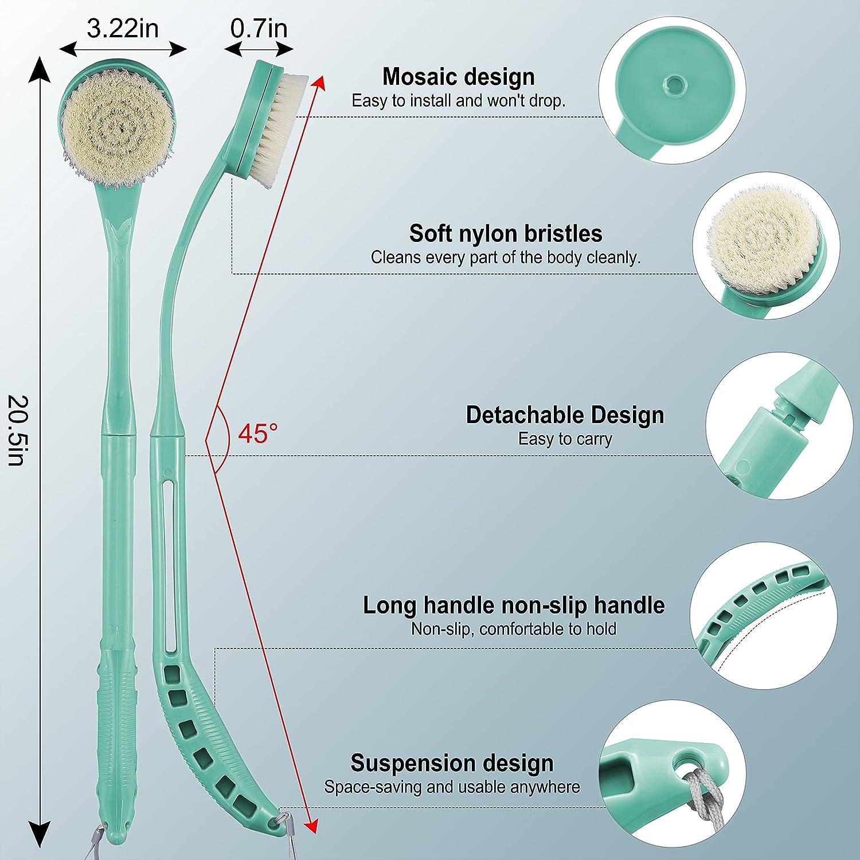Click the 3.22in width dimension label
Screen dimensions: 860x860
tap(123, 28)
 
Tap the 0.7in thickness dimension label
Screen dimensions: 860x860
tap(259, 28)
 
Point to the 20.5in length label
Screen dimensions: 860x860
tap(16, 430)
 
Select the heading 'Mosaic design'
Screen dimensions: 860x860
tap(459, 76)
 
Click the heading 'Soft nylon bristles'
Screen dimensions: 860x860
tap(506, 233)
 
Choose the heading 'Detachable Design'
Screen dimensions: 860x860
tap(565, 415)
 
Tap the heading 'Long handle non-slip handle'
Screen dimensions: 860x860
tap(514, 605)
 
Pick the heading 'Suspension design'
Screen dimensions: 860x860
tap(452, 763)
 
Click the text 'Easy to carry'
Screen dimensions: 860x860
tap(565, 439)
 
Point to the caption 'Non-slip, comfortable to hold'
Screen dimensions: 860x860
tap(514, 629)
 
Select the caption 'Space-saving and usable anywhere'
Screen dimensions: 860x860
tap(452, 787)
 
